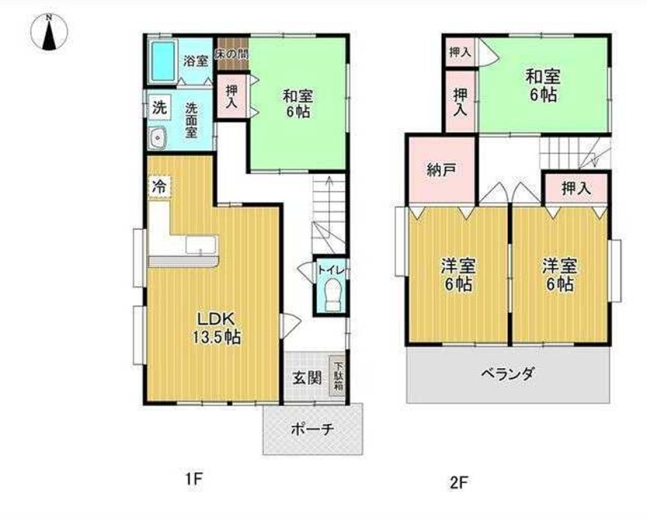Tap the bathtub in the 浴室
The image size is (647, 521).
point(162,61)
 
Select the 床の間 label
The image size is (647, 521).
point(232,55)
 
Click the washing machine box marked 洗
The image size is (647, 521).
point(160,107)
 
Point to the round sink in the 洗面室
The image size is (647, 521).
point(158,137)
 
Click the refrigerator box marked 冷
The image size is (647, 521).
point(159,186)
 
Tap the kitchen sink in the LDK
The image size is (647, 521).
point(201,245)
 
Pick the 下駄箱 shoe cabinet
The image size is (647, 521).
point(338,375)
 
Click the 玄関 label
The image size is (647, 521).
point(307,377)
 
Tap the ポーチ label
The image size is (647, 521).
point(313,430)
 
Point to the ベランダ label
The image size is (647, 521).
point(508,373)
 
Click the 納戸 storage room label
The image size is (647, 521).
point(441,170)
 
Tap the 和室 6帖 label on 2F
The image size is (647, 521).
point(543,86)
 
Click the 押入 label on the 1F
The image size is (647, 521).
point(232,96)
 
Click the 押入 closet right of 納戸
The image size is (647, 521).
point(576,189)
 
